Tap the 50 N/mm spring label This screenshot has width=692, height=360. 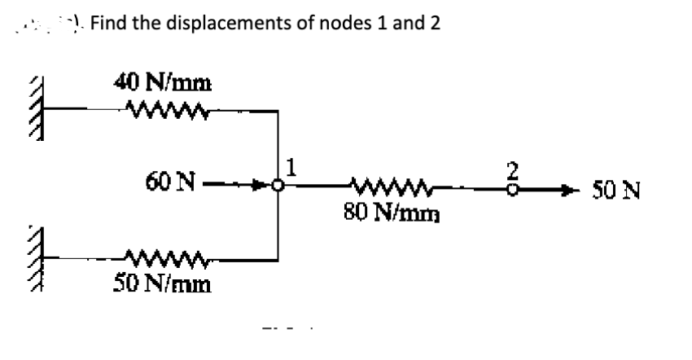pos(160,285)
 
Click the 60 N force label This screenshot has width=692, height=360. pos(168,183)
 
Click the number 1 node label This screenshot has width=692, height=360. pos(290,169)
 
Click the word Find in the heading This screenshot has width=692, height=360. pos(109,23)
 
